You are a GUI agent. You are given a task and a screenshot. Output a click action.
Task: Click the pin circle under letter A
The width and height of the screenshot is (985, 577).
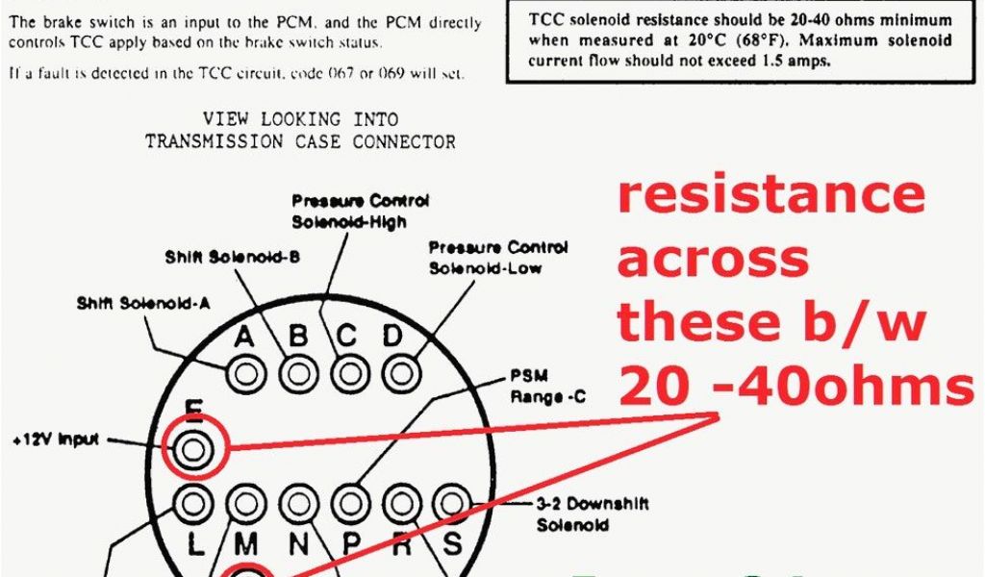[245, 372]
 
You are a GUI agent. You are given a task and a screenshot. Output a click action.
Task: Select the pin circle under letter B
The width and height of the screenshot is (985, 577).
[298, 372]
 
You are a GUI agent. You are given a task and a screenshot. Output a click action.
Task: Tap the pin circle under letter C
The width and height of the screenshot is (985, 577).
[350, 372]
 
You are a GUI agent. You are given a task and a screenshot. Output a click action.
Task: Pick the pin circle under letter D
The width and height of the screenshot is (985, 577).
[402, 372]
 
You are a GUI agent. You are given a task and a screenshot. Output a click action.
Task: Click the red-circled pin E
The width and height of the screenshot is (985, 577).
[193, 447]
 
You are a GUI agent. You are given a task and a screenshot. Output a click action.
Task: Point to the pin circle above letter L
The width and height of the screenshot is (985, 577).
[193, 503]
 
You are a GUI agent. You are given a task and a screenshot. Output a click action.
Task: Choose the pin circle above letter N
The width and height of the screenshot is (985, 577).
[298, 503]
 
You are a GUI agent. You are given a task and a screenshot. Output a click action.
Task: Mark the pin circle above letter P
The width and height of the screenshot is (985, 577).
[350, 503]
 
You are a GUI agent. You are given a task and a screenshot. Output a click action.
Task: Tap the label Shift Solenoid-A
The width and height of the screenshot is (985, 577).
[144, 304]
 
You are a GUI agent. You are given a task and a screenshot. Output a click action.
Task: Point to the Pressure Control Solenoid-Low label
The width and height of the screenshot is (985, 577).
[498, 258]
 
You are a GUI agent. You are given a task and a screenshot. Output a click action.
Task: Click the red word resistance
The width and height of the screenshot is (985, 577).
[770, 194]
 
